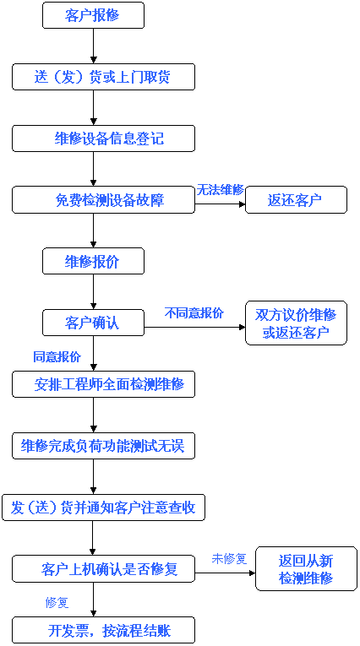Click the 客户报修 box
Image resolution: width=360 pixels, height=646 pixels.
pos(93,15)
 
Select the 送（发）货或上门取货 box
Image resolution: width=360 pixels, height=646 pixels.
pos(103,77)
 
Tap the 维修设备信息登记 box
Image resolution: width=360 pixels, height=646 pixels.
pos(103,138)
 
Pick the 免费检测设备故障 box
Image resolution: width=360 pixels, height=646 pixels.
pos(103,200)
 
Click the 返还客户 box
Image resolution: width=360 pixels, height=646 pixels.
pos(296,200)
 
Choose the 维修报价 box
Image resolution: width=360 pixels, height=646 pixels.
pos(93,261)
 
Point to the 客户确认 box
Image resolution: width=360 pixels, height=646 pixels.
pos(93,323)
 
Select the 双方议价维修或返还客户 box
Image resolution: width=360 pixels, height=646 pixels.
pos(296,323)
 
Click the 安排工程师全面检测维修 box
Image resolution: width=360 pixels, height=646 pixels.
pos(103,384)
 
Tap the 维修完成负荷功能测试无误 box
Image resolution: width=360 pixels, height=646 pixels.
pos(103,446)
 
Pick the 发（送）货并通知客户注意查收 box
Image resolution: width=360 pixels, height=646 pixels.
pos(103,508)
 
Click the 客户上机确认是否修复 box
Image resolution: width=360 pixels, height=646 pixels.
pos(103,569)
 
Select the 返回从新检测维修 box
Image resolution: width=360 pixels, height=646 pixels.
pos(306,569)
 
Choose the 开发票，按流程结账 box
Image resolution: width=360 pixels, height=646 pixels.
pos(103,630)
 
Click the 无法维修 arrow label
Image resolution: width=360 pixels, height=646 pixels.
pos(221,190)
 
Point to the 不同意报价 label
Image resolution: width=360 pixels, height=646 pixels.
pos(194,313)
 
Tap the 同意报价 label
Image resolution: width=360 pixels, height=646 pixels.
pos(57,357)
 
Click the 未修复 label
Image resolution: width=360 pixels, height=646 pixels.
pos(229,559)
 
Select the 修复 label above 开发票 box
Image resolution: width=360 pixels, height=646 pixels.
pos(57,603)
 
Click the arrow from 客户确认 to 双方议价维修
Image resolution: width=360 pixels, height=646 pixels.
pos(194,328)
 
